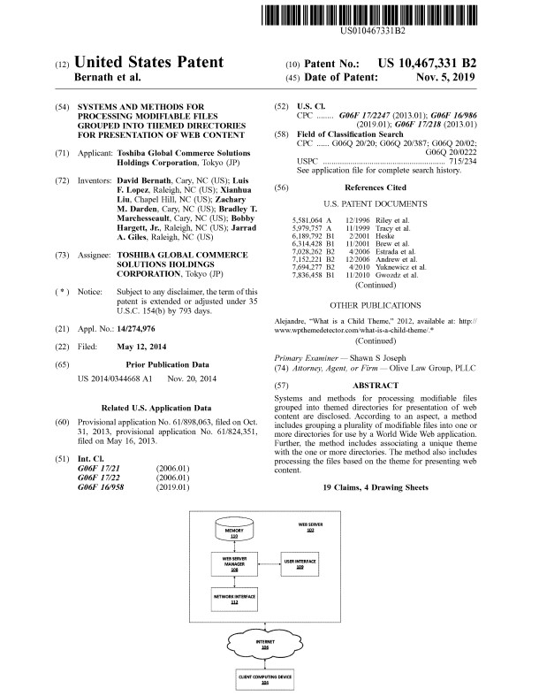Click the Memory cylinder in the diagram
coord(234,532)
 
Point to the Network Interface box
coord(234,599)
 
